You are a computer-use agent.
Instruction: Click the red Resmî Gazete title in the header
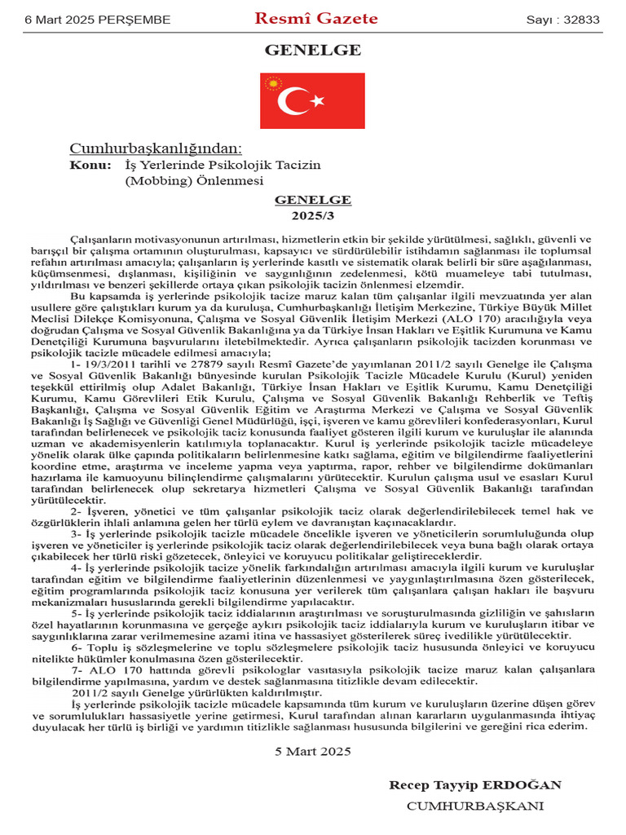pos(316,19)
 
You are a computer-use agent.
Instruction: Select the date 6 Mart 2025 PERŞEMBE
pos(87,20)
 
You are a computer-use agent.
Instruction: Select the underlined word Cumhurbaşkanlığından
pos(156,148)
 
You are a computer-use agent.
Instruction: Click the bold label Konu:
pos(90,165)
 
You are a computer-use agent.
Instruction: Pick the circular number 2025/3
pos(313,216)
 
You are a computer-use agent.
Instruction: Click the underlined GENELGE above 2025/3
pos(313,200)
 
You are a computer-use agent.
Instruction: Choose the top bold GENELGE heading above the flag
pos(313,51)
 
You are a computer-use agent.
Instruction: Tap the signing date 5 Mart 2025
pos(313,750)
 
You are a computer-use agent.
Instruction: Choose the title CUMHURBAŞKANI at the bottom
pos(475,806)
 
